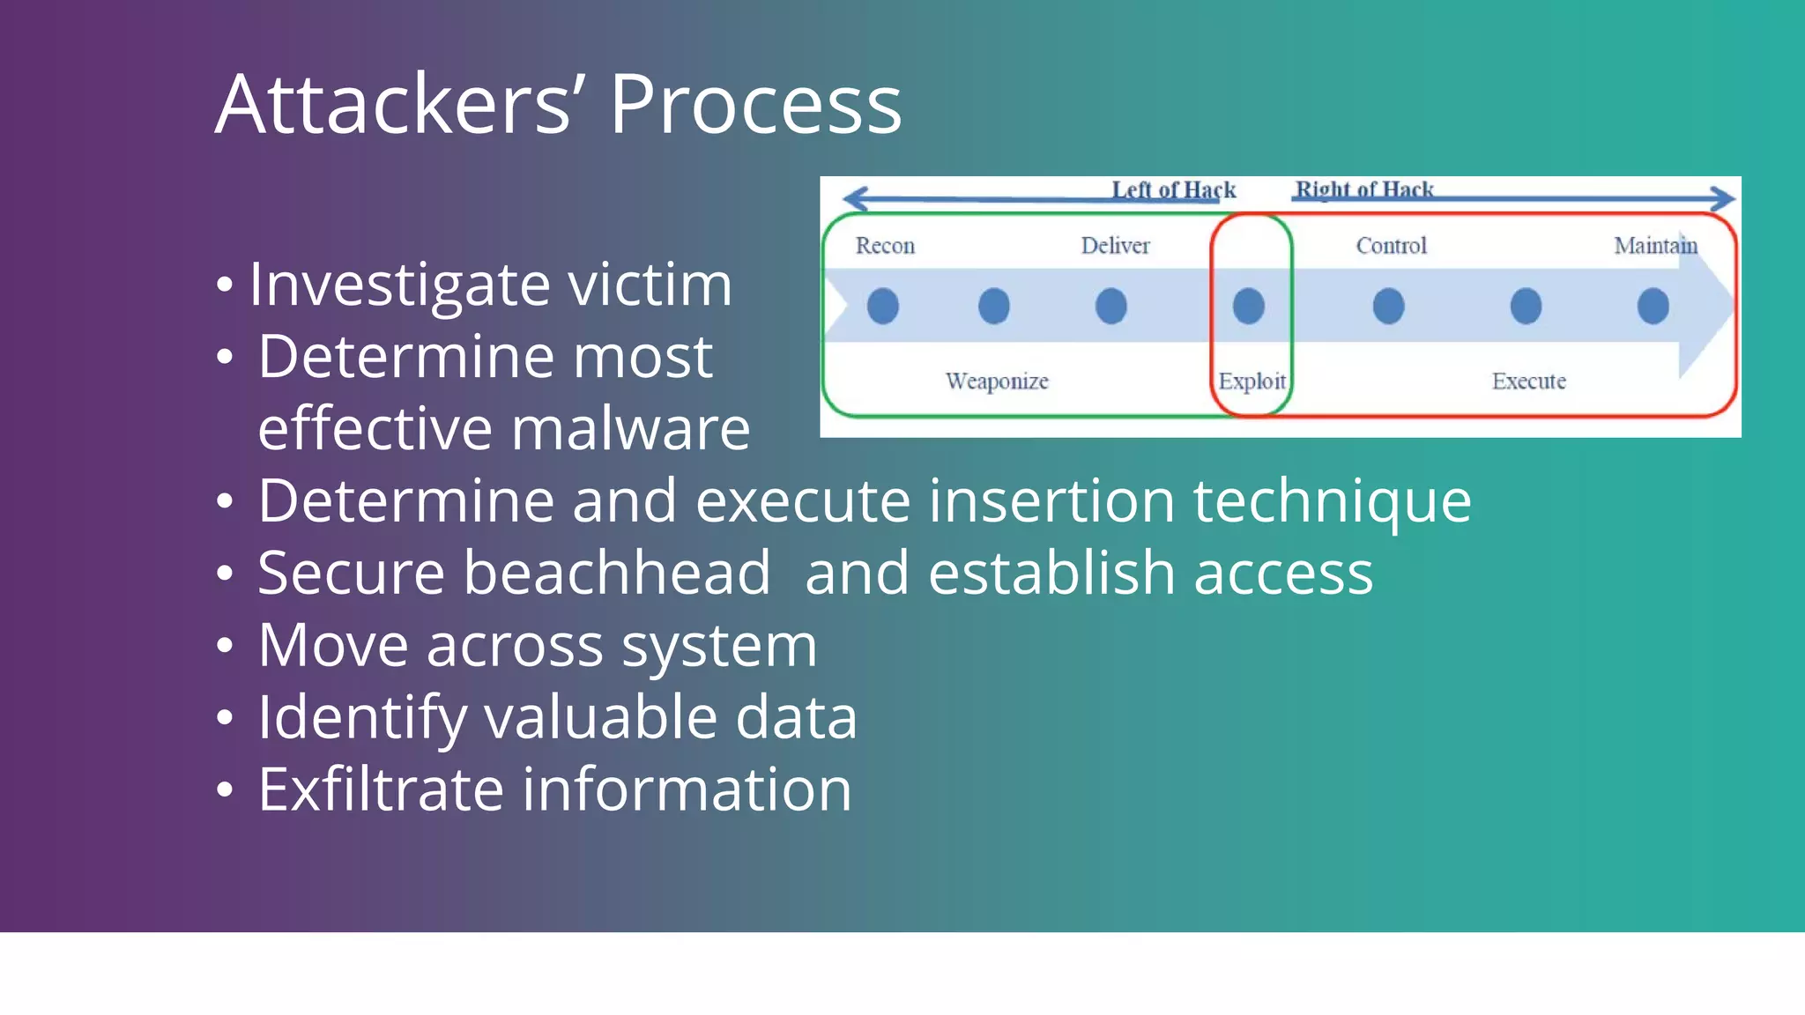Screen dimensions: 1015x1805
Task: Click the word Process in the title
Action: (755, 105)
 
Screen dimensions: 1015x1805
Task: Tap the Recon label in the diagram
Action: (885, 246)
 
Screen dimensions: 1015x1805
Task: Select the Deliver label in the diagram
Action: (1115, 246)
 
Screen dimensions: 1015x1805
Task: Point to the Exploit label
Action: (1252, 382)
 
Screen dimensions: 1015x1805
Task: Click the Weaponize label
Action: (997, 382)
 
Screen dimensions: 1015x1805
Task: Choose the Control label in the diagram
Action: (1391, 246)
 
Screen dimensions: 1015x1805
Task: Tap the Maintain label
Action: (1655, 246)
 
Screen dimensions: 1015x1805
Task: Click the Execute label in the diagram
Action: (1528, 382)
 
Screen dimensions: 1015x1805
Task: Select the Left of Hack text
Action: (1173, 190)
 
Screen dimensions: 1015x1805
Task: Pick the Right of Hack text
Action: (1363, 190)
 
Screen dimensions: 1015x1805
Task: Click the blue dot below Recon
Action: (883, 306)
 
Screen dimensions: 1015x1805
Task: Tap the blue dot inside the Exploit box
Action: (1248, 306)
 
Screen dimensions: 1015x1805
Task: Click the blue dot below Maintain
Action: (1653, 306)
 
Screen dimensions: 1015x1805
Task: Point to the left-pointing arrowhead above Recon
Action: (853, 198)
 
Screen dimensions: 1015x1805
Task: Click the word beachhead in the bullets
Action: (616, 574)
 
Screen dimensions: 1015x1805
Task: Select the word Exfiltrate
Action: (380, 789)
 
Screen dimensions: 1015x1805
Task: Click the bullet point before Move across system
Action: (225, 646)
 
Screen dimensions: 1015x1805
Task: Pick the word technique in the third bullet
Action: (1332, 501)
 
